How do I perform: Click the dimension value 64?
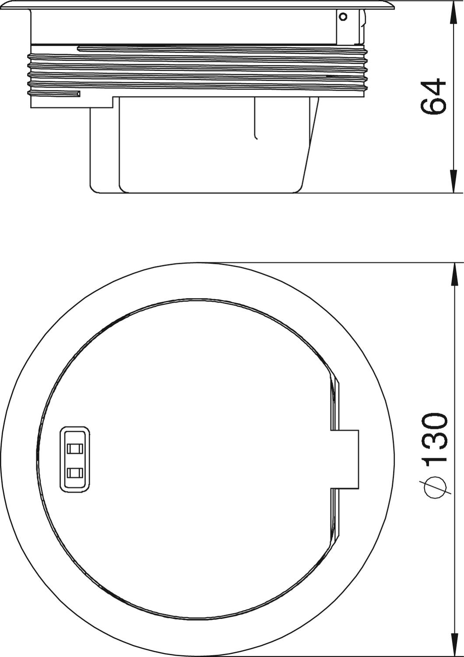(x=433, y=97)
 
